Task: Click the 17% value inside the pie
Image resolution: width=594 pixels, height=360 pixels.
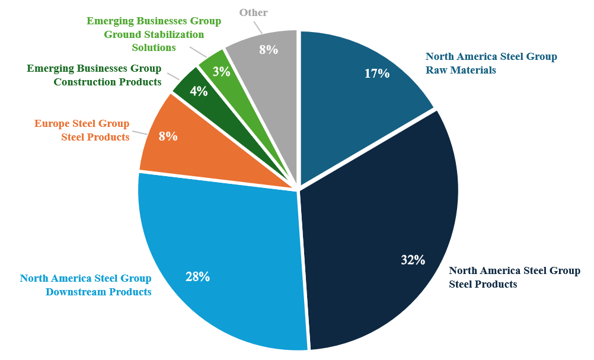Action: pyautogui.click(x=376, y=74)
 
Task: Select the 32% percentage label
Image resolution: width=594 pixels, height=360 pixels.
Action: pyautogui.click(x=413, y=260)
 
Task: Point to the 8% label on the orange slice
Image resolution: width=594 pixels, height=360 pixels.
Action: pyautogui.click(x=168, y=136)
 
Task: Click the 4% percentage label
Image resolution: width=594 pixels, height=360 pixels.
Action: pyautogui.click(x=199, y=91)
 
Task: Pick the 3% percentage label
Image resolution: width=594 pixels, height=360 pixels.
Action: pyautogui.click(x=221, y=72)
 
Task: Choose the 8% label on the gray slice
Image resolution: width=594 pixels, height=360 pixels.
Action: pyautogui.click(x=269, y=50)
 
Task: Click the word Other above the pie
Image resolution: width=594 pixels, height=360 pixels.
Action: pyautogui.click(x=254, y=12)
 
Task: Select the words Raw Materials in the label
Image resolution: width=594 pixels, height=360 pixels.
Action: pyautogui.click(x=461, y=70)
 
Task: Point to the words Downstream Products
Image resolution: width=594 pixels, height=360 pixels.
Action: pyautogui.click(x=98, y=292)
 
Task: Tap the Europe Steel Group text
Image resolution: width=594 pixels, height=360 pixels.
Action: pyautogui.click(x=82, y=123)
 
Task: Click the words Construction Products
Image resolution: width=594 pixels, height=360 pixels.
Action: pyautogui.click(x=107, y=82)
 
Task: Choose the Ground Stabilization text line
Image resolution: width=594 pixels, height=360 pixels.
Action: pyautogui.click(x=154, y=34)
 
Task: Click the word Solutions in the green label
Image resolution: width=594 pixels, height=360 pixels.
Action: pyautogui.click(x=154, y=47)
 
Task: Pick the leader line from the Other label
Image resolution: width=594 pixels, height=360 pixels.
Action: pyautogui.click(x=259, y=27)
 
